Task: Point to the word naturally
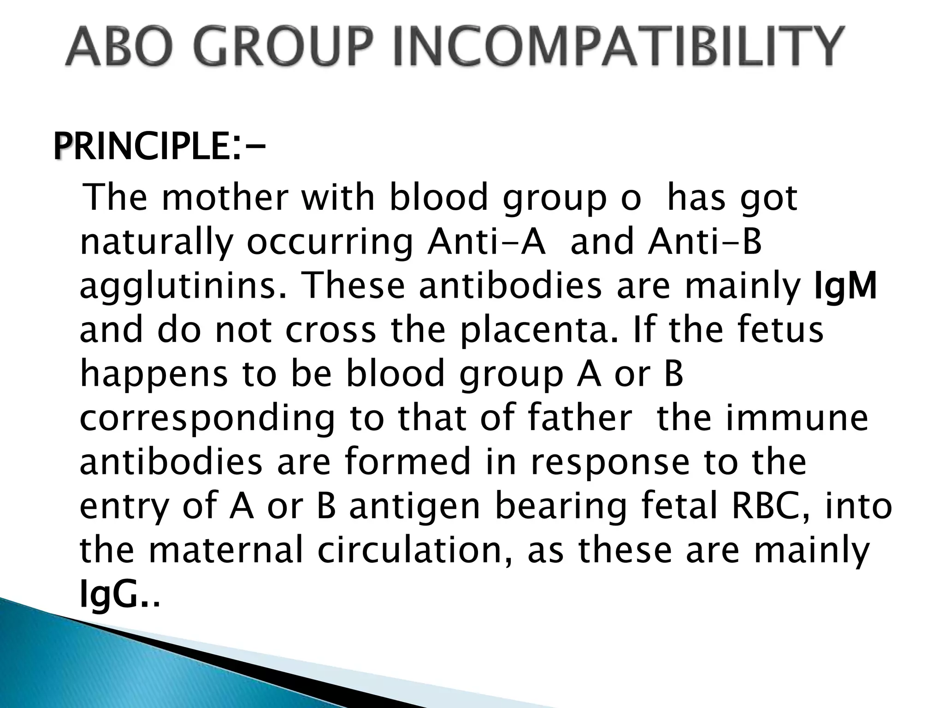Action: pos(155,243)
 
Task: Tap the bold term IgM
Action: pos(845,286)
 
